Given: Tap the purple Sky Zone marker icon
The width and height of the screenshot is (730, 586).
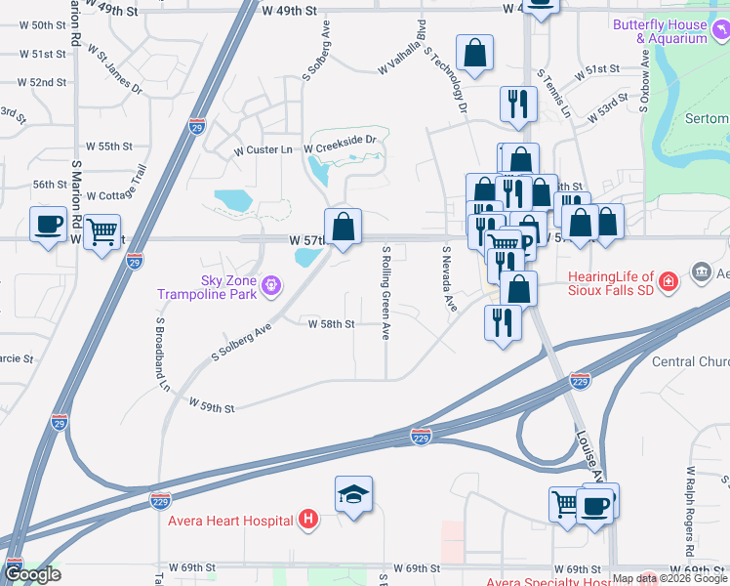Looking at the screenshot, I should [271, 286].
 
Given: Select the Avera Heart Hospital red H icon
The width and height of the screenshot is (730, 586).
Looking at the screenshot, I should [309, 519].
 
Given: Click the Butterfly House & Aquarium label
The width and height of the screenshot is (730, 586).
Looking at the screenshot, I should [671, 31].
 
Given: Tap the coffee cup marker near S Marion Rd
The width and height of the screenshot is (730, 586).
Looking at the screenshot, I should [48, 226].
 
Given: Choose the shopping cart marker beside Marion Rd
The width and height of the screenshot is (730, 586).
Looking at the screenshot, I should [101, 232].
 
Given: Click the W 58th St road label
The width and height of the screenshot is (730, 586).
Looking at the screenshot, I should [331, 323].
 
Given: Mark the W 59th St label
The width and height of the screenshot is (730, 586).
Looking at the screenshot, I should [212, 403].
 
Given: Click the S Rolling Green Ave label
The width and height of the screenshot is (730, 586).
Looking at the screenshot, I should [386, 292].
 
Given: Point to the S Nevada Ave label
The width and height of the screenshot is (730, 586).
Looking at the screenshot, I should [449, 279].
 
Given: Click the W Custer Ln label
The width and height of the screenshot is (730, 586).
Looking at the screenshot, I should [263, 151].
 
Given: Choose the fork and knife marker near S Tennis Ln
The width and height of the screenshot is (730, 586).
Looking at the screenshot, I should [517, 105].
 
